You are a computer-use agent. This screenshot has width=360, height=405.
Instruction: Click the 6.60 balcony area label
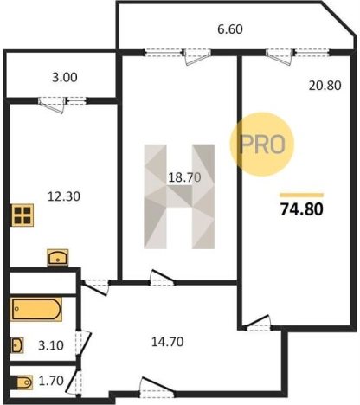tap(230, 29)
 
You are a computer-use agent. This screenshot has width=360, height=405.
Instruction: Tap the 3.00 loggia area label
tap(65, 78)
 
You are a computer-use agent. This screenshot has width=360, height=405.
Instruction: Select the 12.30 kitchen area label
tap(64, 196)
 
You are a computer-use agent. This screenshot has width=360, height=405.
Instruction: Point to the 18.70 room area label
tap(184, 177)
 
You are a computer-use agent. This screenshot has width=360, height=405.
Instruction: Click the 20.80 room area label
tap(325, 86)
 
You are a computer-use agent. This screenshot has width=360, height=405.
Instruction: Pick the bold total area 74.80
tap(302, 209)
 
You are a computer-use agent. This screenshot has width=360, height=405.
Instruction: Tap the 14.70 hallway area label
tap(168, 342)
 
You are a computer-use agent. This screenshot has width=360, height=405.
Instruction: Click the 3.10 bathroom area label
tap(51, 345)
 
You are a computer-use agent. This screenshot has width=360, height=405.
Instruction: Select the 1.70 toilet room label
tap(51, 381)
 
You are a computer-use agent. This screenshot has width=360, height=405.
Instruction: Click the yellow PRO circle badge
tap(261, 145)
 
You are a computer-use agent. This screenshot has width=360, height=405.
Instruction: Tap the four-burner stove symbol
tap(22, 215)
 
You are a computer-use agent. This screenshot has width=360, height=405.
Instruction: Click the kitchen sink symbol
tap(58, 257)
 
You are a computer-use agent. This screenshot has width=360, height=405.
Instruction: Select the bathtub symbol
tap(36, 309)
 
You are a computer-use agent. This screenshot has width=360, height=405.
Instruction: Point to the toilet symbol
tap(22, 382)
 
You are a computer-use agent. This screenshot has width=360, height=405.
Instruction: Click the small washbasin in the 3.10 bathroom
tap(17, 345)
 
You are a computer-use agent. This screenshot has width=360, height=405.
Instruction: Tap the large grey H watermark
tap(179, 196)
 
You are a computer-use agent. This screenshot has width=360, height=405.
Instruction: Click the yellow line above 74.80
tap(302, 196)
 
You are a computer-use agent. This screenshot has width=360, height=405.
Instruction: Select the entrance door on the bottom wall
tap(157, 388)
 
